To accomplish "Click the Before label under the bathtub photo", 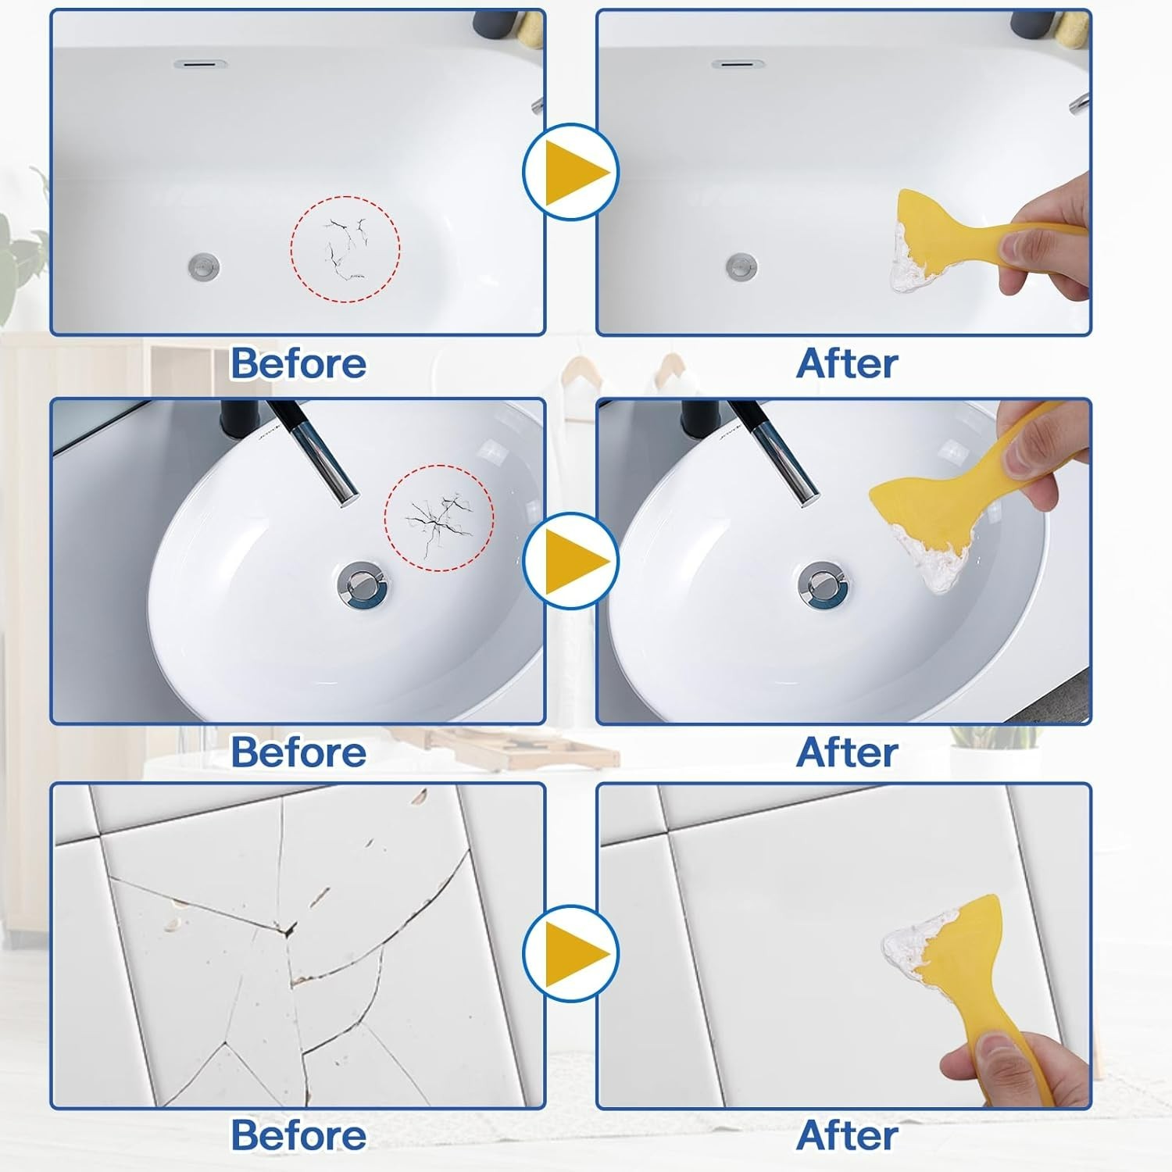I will coord(298,364).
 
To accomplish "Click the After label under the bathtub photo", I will coord(847,364).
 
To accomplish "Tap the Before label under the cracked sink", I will coord(298,752).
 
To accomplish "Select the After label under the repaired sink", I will coord(847,752).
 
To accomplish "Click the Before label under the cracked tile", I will coord(298,1135).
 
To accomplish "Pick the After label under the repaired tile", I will coord(847,1135).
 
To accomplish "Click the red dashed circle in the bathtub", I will coord(345,248).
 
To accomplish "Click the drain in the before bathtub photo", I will coord(204,266).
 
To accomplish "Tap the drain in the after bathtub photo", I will coord(741,266).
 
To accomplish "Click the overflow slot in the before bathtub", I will coord(201,63).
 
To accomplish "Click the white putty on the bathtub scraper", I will coord(908,262).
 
